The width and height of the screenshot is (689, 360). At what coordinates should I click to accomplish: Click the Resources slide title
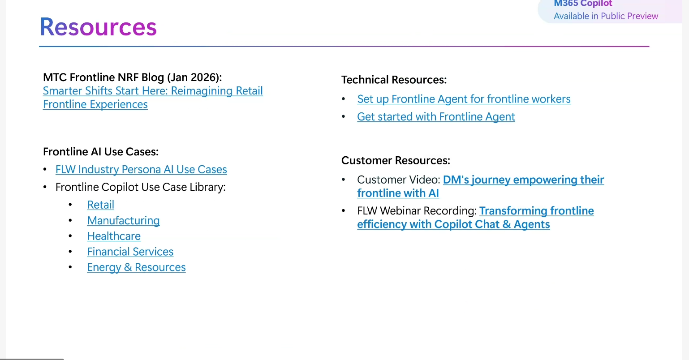coord(98,27)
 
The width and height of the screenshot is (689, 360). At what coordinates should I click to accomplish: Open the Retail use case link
coord(101,205)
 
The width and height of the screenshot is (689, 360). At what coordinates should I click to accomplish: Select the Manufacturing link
coord(123,221)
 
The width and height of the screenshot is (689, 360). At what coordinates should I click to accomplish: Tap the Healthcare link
coord(114,236)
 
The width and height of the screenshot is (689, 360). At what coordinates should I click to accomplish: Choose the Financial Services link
coord(130,252)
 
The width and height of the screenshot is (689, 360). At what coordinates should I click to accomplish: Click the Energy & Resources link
coord(136,267)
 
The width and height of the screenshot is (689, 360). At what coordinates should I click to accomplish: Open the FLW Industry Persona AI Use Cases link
coord(141,169)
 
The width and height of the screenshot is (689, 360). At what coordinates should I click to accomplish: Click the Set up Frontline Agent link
coord(464,99)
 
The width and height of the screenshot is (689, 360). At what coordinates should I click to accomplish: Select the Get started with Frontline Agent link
coord(436,117)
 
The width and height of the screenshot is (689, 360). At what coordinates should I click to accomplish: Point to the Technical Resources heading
coord(394,80)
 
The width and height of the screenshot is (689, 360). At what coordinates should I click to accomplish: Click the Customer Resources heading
coord(396,160)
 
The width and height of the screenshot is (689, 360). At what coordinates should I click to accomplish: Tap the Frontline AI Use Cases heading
coord(101,152)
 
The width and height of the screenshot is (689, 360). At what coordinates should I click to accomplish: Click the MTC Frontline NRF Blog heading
coord(133,77)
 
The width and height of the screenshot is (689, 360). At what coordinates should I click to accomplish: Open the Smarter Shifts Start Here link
coord(153,98)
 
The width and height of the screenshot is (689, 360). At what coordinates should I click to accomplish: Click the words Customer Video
coord(399,180)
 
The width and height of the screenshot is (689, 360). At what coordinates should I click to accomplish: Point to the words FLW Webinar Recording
coord(417,211)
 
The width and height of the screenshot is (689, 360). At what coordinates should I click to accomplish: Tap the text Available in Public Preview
coord(606,16)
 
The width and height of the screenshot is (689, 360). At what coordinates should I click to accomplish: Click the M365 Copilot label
coord(583,4)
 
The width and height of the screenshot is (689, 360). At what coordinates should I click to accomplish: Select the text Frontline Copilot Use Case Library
coord(141,187)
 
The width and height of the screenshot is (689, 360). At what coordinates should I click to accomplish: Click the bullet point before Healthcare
coord(70,236)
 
